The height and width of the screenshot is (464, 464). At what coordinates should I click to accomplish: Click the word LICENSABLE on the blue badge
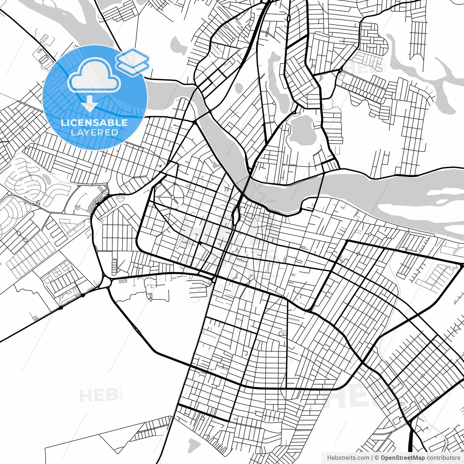94,123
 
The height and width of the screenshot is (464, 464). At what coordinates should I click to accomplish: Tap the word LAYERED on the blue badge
94,132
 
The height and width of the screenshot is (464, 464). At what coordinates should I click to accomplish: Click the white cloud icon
94,75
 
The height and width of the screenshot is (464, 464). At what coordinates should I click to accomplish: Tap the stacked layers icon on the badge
132,61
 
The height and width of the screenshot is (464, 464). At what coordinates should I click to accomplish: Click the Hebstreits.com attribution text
348,458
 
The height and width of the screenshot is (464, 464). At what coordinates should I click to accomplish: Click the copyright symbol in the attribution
377,458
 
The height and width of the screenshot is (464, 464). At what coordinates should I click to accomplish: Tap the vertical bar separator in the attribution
372,458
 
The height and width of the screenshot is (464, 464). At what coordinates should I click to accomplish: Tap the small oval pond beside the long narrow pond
238,88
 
